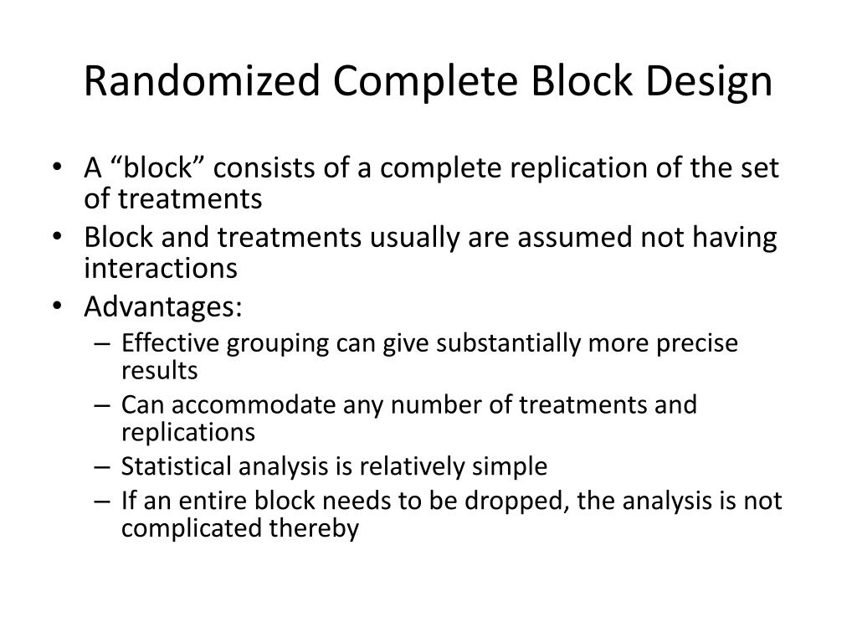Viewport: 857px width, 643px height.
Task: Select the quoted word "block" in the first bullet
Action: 158,169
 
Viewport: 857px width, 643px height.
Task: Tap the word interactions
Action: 161,268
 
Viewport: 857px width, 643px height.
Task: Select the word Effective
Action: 168,345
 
